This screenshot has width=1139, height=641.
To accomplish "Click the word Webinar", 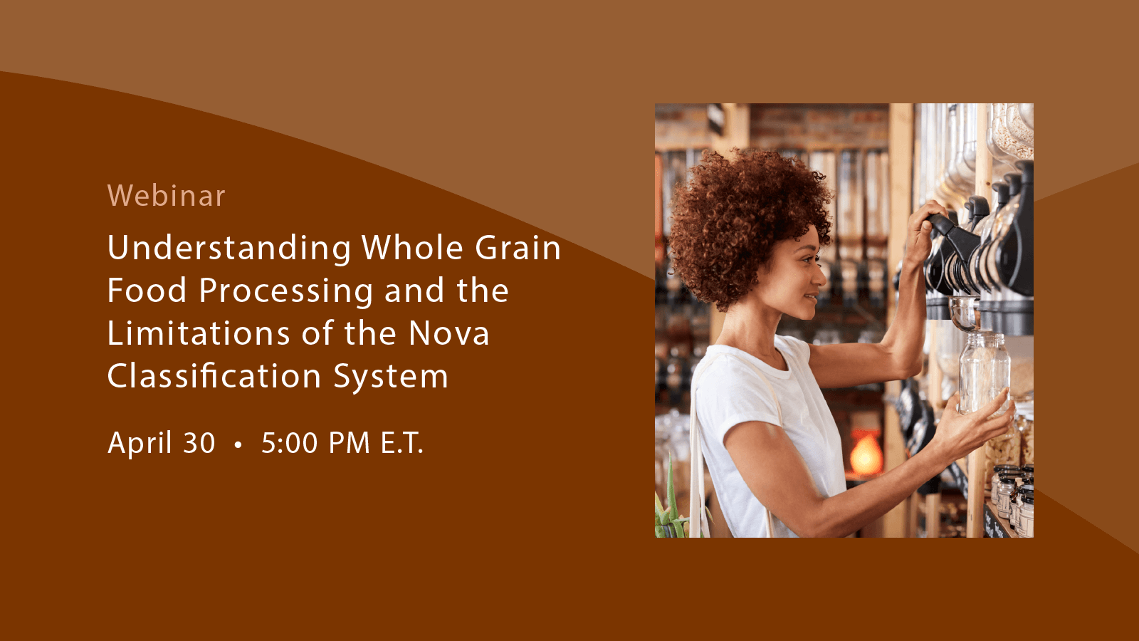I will (x=166, y=196).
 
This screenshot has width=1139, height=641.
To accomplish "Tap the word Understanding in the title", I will (x=229, y=249).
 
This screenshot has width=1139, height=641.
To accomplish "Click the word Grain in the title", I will (x=518, y=248).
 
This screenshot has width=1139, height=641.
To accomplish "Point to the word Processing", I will (x=285, y=291).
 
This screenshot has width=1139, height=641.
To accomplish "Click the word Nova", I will (x=448, y=333).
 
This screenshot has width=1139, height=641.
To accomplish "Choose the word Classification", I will (x=214, y=376).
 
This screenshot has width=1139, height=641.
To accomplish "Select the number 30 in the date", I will (x=199, y=444).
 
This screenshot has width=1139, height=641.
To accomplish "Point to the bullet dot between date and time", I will (x=238, y=445).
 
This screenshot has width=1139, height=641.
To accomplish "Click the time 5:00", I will (x=289, y=444).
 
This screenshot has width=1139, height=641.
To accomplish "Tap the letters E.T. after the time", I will (x=401, y=444).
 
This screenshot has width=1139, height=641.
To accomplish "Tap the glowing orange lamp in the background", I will (x=866, y=454).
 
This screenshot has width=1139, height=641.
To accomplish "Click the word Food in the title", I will (x=147, y=291).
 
